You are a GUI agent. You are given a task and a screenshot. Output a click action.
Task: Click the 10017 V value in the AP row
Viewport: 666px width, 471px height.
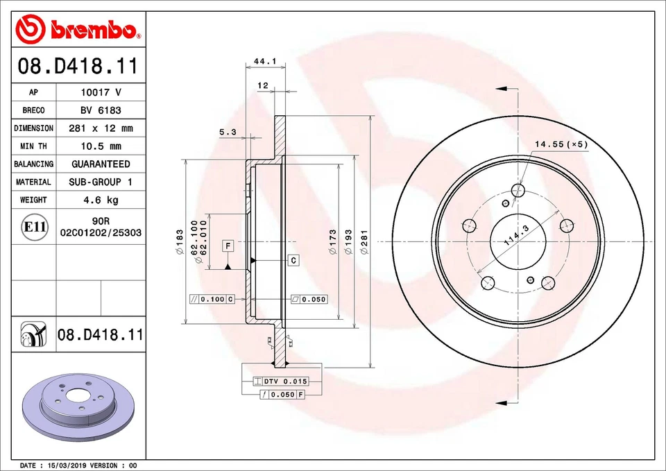pyautogui.click(x=100, y=92)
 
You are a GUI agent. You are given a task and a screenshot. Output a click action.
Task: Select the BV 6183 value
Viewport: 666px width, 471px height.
pyautogui.click(x=100, y=110)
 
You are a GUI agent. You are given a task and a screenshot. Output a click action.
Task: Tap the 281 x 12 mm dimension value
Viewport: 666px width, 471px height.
pyautogui.click(x=100, y=128)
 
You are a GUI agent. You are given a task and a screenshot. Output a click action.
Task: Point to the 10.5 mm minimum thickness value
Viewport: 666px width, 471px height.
pyautogui.click(x=100, y=146)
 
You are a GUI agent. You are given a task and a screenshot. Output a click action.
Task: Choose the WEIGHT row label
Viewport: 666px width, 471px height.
pyautogui.click(x=33, y=200)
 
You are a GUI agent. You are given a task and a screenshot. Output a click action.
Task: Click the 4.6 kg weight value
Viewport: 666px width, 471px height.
pyautogui.click(x=100, y=200)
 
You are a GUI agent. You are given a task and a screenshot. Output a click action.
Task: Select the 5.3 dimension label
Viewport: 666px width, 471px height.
pyautogui.click(x=228, y=132)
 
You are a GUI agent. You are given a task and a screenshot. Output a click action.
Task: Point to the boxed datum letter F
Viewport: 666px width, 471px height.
pyautogui.click(x=228, y=246)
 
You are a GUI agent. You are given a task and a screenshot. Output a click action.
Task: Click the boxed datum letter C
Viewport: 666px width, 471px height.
pyautogui.click(x=293, y=260)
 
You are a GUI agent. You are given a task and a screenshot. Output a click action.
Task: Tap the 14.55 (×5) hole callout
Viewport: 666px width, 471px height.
pyautogui.click(x=561, y=144)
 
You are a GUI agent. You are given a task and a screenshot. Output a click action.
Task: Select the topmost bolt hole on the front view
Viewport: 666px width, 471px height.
pyautogui.click(x=518, y=190)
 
